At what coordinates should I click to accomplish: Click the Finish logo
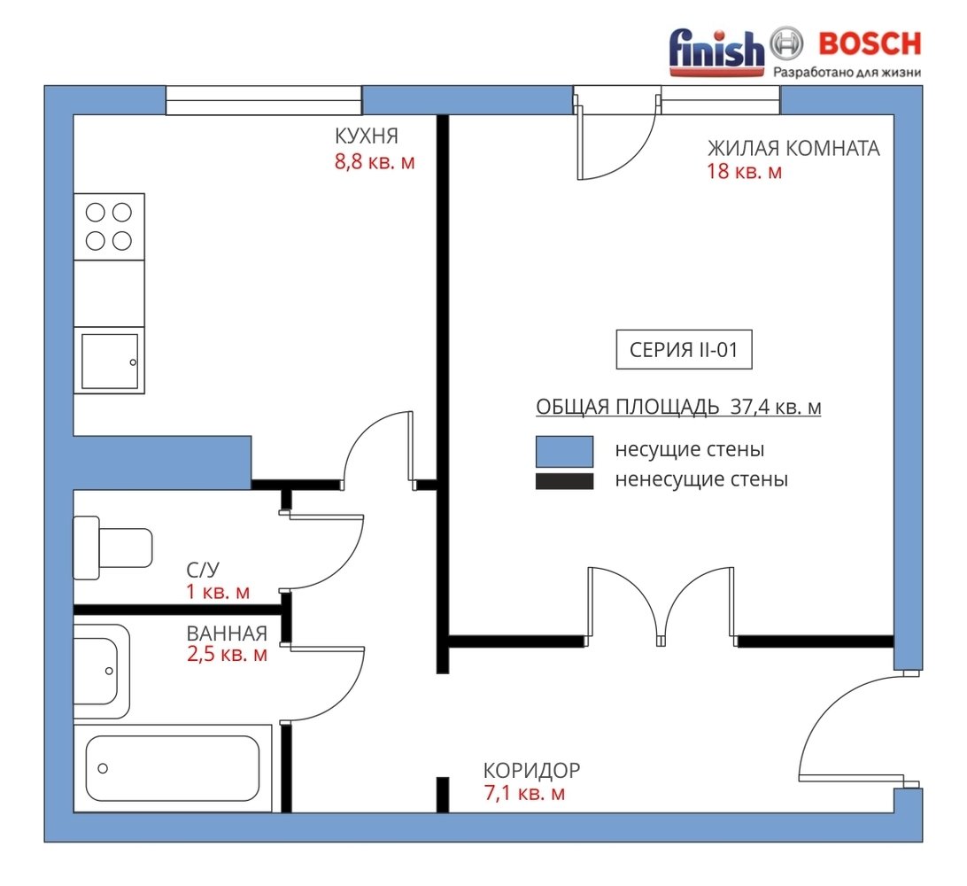pyautogui.click(x=716, y=51)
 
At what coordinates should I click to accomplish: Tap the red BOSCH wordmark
pyautogui.click(x=870, y=43)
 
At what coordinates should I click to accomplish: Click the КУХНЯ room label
pyautogui.click(x=367, y=136)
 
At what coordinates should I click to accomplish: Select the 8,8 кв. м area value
pyautogui.click(x=375, y=162)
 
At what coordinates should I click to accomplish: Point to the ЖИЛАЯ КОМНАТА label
pyautogui.click(x=793, y=148)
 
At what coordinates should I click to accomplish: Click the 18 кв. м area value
pyautogui.click(x=745, y=171)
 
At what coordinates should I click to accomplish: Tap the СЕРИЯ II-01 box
pyautogui.click(x=684, y=350)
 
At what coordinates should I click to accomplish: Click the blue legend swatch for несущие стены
pyautogui.click(x=564, y=451)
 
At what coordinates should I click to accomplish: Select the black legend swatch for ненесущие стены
pyautogui.click(x=564, y=481)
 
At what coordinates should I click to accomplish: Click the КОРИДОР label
pyautogui.click(x=531, y=771)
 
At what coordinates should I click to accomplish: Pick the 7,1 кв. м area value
pyautogui.click(x=525, y=793)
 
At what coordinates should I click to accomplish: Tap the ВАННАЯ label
pyautogui.click(x=227, y=633)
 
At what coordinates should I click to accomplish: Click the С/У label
pyautogui.click(x=203, y=570)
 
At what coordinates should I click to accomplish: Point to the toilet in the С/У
pyautogui.click(x=112, y=548)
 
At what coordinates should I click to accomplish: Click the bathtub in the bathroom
pyautogui.click(x=173, y=769)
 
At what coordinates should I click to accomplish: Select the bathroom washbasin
pyautogui.click(x=102, y=672)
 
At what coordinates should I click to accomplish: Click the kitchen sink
pyautogui.click(x=110, y=361)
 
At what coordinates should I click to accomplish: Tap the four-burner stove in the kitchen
pyautogui.click(x=109, y=227)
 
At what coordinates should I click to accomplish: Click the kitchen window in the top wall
pyautogui.click(x=263, y=101)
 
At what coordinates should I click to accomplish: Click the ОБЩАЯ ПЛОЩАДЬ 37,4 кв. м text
pyautogui.click(x=678, y=408)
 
